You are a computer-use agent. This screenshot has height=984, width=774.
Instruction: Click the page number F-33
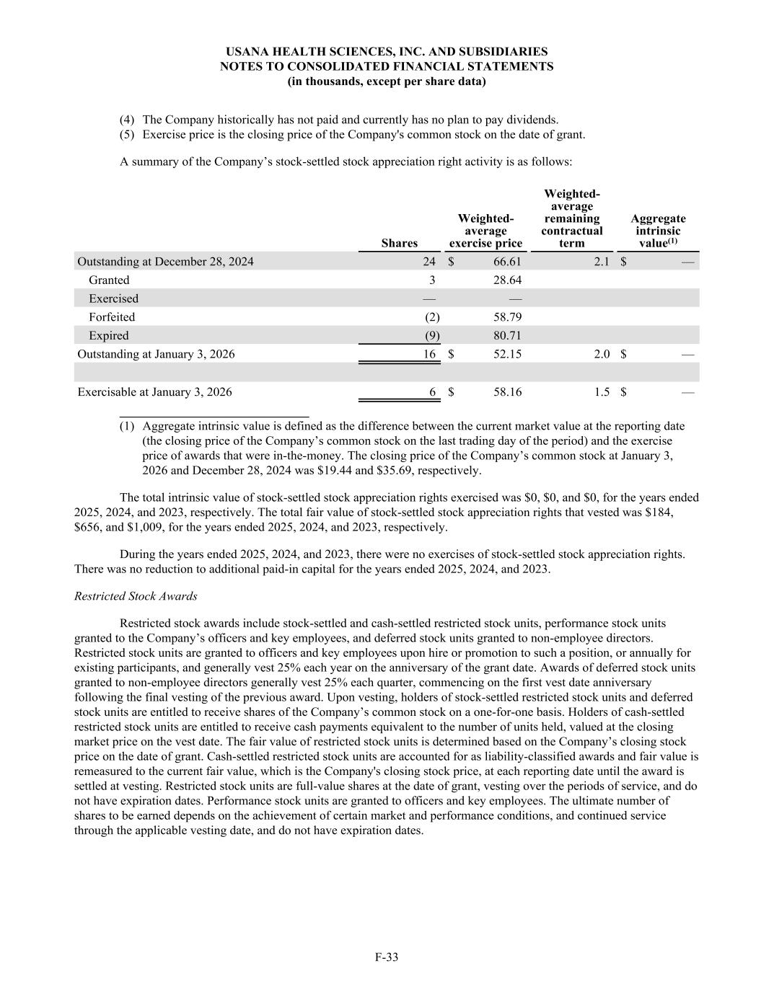tap(387, 957)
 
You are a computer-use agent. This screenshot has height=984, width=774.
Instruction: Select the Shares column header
tap(399, 243)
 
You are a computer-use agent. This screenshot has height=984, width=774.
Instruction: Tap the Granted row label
tap(109, 280)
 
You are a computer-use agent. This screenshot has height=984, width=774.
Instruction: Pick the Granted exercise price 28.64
tap(507, 280)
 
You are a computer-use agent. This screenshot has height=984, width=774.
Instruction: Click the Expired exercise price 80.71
tap(507, 335)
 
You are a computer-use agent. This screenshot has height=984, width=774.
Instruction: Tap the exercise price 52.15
tap(507, 354)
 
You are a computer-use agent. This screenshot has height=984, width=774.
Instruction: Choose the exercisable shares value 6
tap(433, 392)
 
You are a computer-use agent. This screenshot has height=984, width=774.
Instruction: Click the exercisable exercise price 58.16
tap(507, 392)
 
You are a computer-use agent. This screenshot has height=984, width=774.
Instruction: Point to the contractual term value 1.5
tap(602, 392)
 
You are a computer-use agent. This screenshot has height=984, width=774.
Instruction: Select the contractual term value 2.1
tap(602, 262)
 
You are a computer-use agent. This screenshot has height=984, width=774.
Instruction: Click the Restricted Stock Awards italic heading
tap(136, 596)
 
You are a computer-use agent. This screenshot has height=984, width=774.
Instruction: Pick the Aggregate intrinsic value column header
tap(658, 231)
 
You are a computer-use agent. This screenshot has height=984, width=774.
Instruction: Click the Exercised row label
tap(113, 298)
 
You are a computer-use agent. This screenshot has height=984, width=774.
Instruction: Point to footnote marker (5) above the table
tap(127, 135)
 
